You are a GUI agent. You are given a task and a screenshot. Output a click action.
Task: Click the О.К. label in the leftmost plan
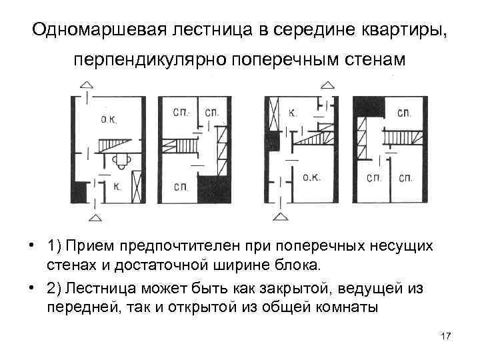(108, 120)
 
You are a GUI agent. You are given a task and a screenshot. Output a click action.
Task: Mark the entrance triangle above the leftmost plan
(87, 85)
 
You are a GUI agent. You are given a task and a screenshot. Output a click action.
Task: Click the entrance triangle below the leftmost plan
(96, 217)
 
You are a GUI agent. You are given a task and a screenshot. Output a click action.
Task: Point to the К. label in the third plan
(293, 113)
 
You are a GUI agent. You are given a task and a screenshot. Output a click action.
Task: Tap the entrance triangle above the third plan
(327, 85)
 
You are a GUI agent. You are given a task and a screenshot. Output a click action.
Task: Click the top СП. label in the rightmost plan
(405, 113)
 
